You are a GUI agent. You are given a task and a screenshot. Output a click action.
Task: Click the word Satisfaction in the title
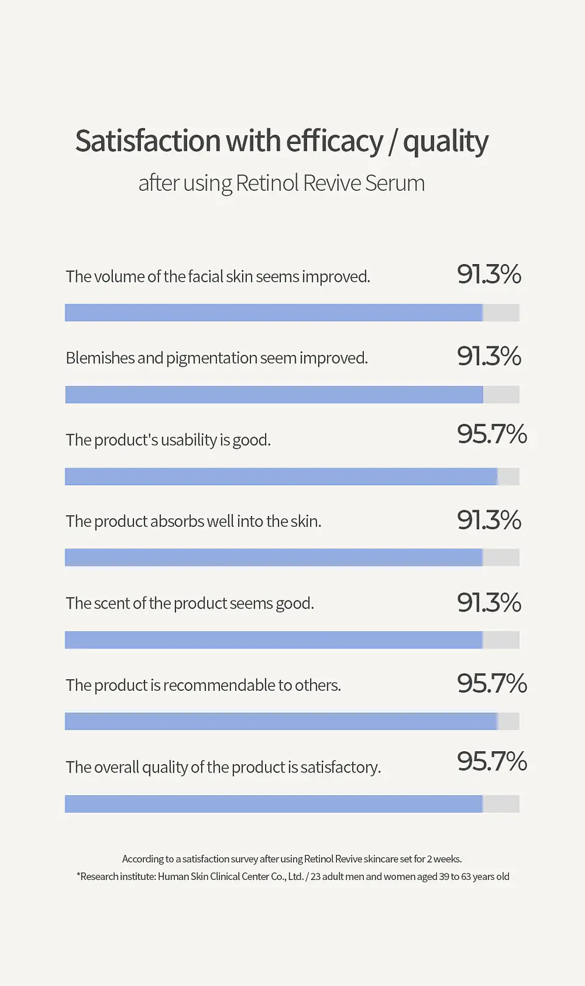point(148,141)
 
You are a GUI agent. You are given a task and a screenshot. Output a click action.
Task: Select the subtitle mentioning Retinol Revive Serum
point(282,183)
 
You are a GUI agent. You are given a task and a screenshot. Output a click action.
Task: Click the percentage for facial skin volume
point(489,274)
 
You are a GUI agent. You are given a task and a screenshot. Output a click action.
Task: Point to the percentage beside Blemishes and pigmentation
point(489,356)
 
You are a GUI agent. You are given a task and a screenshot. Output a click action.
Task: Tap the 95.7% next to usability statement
point(491,434)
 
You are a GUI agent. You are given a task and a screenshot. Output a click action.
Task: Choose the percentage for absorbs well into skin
point(489,520)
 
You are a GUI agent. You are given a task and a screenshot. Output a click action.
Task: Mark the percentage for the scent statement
point(489,602)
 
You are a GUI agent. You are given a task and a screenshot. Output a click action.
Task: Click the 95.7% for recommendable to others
point(491,684)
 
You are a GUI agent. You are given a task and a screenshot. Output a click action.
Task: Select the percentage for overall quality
point(491,761)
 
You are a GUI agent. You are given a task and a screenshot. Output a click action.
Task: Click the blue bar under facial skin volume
point(274,313)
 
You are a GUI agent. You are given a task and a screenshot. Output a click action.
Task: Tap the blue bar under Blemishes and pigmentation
point(274,395)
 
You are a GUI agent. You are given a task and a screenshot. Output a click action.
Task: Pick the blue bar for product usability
point(281,476)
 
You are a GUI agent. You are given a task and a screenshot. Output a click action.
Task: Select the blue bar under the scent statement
point(274,640)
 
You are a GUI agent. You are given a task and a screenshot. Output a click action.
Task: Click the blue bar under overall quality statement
point(274,804)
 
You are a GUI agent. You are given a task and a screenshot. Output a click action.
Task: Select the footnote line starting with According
point(292,859)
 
